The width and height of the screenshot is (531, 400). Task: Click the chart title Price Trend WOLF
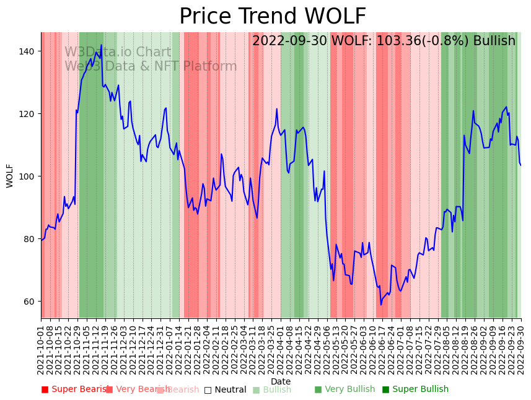pyautogui.click(x=273, y=17)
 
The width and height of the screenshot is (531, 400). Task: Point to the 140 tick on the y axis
pyautogui.click(x=27, y=51)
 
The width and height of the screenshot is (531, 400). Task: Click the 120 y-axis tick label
pyautogui.click(x=27, y=114)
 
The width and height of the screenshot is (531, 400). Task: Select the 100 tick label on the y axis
pyautogui.click(x=27, y=176)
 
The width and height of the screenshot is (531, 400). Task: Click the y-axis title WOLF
pyautogui.click(x=10, y=175)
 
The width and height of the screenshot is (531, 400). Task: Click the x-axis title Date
pyautogui.click(x=281, y=382)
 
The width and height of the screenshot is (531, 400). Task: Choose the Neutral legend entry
pyautogui.click(x=225, y=389)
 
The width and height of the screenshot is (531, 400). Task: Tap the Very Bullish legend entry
pyautogui.click(x=344, y=389)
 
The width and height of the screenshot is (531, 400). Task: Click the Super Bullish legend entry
pyautogui.click(x=415, y=389)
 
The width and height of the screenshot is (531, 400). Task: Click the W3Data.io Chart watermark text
pyautogui.click(x=118, y=53)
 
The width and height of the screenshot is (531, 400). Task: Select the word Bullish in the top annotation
pyautogui.click(x=494, y=41)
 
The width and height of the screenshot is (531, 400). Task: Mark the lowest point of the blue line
pyautogui.click(x=381, y=305)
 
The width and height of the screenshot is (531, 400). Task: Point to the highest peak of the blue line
pyautogui.click(x=102, y=45)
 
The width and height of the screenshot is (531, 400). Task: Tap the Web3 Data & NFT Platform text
pyautogui.click(x=151, y=67)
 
